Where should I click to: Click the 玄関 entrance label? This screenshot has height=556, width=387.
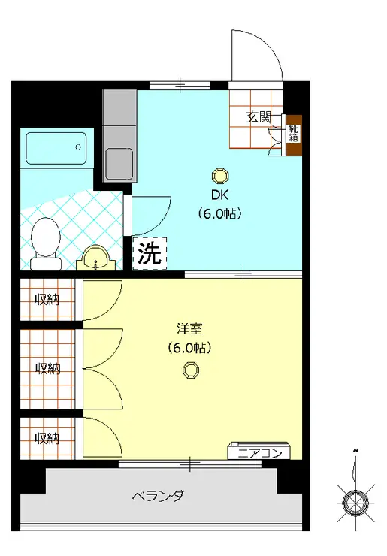pos(259,117)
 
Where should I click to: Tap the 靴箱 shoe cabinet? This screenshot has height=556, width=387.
pos(294,135)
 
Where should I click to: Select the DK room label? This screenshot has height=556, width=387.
pos(219,195)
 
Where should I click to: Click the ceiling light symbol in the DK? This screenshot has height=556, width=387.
pos(219,176)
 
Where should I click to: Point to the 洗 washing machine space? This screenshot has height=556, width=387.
pos(150,253)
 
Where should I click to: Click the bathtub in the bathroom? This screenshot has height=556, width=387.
pos(57,148)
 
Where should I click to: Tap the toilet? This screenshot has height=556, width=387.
pos(47,242)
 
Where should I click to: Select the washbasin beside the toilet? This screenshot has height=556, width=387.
pos(96,258)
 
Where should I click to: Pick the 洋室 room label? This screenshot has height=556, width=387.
pos(189,328)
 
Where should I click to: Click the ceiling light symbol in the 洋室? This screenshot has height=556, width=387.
pos(191,369)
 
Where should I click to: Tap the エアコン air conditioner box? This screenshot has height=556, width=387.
pos(259,452)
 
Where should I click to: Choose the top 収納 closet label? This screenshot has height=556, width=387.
pos(47,299)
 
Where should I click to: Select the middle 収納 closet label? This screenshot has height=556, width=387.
pos(47,368)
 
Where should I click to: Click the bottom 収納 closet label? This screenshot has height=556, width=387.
pos(47,437)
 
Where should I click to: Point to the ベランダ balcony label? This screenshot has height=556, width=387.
pos(158,497)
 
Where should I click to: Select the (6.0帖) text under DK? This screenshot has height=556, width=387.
pos(219,214)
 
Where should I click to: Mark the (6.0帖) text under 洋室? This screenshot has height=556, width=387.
pos(189,347)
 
